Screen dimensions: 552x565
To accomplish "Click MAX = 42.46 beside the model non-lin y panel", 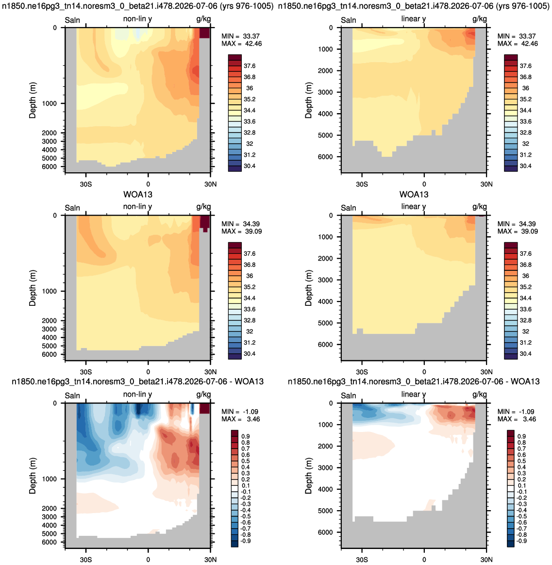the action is coord(241,44).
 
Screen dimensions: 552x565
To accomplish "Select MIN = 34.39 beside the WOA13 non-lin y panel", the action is coord(240,224).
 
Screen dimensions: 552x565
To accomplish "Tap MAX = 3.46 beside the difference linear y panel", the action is coord(517,419).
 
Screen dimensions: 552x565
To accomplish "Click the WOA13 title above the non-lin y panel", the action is coord(138,195).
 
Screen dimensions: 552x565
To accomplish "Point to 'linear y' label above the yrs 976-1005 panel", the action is coord(414,19).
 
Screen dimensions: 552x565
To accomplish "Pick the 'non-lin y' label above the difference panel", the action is coord(137,394).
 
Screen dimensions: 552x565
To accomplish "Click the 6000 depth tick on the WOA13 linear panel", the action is coord(325,345).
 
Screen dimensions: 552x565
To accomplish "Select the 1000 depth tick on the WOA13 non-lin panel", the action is coord(49,291).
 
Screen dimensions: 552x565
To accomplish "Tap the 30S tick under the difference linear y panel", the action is coord(362,560).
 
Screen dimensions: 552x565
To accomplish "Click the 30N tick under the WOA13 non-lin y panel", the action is coord(210,372).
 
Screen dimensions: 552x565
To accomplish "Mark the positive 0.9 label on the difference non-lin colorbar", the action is coord(246,436).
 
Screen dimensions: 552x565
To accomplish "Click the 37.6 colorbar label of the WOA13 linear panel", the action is coord(526,254).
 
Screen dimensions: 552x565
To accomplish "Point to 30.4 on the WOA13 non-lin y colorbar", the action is coord(250,354).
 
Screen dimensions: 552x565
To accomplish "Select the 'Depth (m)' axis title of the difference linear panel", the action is coord(308,476).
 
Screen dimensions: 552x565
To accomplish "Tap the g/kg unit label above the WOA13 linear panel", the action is coord(480,207).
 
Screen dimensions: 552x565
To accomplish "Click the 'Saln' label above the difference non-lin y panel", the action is coord(72,396).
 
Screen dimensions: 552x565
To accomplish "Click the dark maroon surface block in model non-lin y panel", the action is coord(204,33).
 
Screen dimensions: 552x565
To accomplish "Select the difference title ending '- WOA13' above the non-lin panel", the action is coord(138,381).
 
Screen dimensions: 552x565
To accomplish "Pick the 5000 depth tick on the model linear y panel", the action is coord(325,135).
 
